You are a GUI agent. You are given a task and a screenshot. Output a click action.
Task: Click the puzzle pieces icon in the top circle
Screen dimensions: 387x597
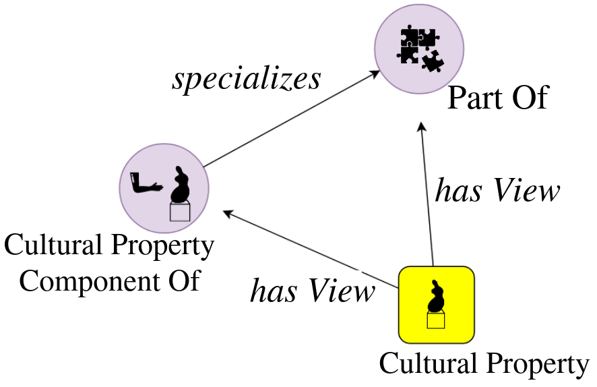coord(418,48)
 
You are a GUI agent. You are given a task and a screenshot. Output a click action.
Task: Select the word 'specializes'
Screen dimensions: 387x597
coord(246,79)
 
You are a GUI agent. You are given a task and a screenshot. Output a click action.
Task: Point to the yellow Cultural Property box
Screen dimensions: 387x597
coord(436,304)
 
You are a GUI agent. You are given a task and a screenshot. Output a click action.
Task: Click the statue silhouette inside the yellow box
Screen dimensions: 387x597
coord(436,297)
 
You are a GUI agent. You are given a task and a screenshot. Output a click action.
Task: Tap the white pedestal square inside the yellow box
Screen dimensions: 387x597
coord(436,320)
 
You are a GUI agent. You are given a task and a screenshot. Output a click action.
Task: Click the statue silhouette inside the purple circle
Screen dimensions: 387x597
coord(180,185)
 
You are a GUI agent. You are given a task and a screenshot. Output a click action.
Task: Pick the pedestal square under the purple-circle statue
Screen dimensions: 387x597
coord(180,212)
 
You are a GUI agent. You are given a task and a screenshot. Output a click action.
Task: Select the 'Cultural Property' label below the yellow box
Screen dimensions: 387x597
coord(484,364)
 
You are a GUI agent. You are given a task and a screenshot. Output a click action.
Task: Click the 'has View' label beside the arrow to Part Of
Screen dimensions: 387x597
coord(497,191)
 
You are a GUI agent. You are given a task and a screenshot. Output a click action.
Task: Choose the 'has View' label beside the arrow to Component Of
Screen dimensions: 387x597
coord(312,291)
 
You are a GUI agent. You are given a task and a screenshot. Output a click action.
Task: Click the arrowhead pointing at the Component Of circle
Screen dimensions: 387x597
coord(228,214)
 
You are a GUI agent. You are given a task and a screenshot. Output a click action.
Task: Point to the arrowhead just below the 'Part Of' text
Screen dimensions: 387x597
coord(421,127)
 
